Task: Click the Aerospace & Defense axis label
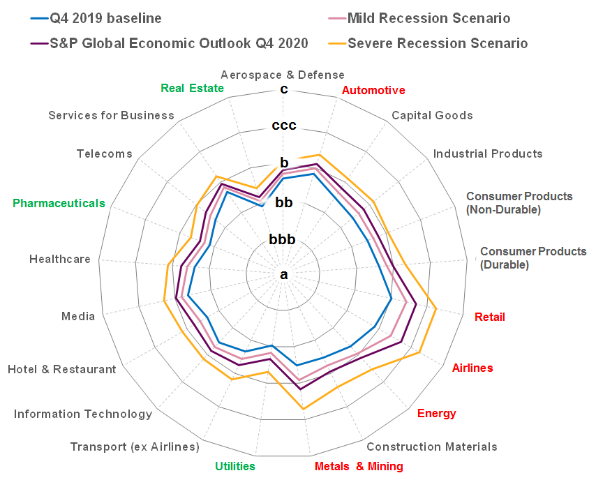(282, 75)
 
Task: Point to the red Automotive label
(373, 90)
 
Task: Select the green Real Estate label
(192, 88)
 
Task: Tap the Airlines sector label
(472, 368)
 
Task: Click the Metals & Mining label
(359, 466)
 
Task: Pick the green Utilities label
(234, 466)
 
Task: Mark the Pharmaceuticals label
(59, 203)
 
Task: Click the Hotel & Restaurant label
(62, 369)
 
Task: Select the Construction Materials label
(432, 447)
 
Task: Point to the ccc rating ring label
(284, 126)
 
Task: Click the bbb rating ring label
(283, 240)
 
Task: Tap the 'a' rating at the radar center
(283, 275)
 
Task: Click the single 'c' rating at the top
(283, 89)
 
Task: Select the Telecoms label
(105, 153)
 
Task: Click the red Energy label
(436, 413)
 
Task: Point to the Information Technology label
(83, 414)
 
